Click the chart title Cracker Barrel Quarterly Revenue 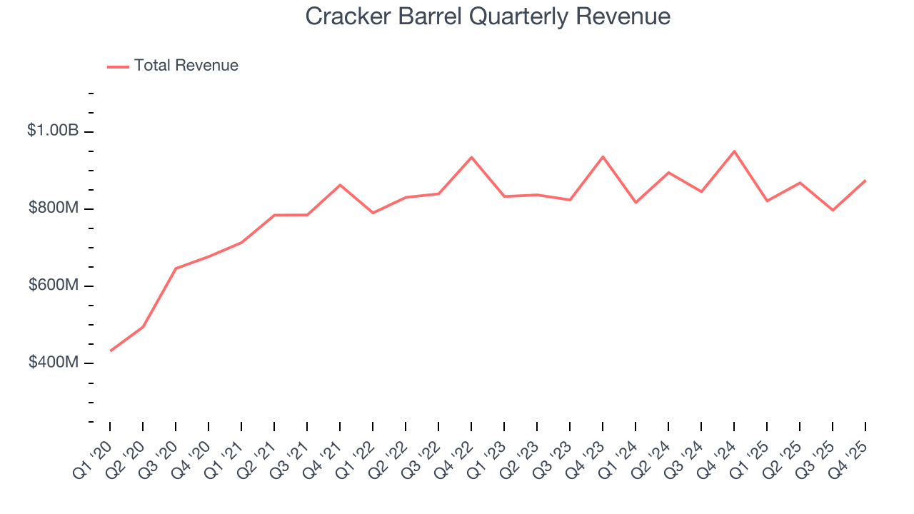[488, 16]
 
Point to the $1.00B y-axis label [53, 131]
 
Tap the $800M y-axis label [53, 208]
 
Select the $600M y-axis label [53, 285]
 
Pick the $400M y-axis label [53, 362]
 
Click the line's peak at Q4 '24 [734, 151]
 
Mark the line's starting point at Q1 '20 [110, 351]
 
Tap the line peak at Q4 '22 [471, 157]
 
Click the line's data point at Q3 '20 [176, 268]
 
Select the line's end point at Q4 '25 [865, 181]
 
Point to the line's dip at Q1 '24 [636, 203]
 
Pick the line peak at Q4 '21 [340, 185]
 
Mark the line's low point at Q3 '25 [833, 210]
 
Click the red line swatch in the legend [118, 66]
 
